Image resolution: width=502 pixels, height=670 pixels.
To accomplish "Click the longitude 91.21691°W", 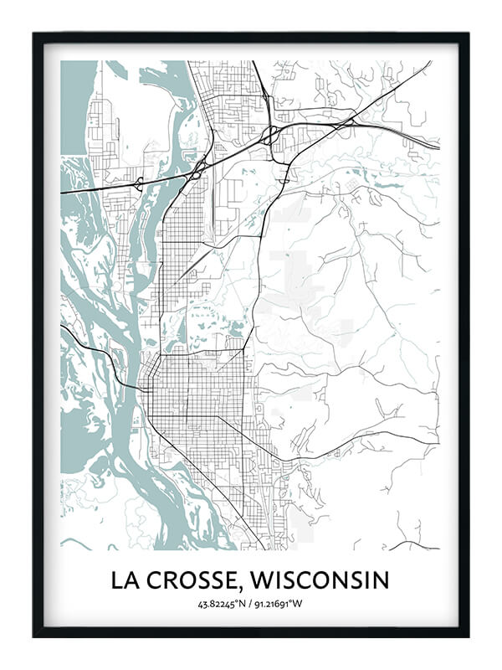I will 281,604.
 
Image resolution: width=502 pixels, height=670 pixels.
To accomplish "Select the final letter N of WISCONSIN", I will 381,580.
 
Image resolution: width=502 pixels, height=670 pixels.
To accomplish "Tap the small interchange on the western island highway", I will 138,183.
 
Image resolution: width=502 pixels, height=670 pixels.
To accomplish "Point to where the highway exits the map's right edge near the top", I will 438,148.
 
